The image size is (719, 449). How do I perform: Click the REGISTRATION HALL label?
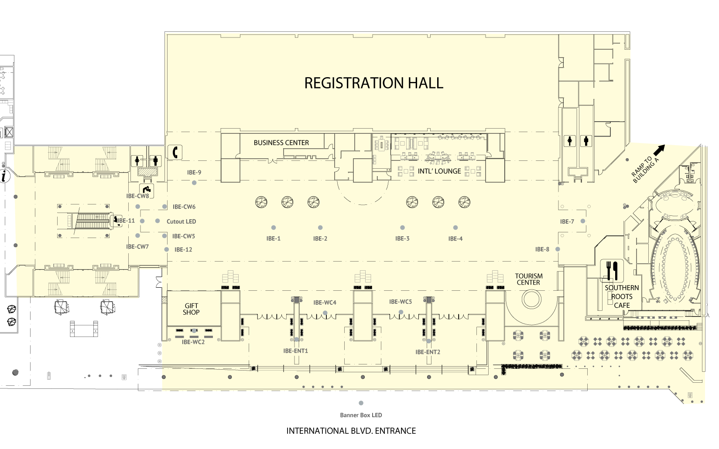click(x=373, y=83)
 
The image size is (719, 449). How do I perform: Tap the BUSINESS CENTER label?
click(x=281, y=143)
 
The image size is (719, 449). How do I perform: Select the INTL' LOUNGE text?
click(x=439, y=171)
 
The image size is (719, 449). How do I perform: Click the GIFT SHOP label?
click(x=191, y=309)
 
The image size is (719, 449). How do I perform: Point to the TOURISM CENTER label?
click(x=529, y=279)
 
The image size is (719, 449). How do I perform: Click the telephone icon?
click(x=175, y=152)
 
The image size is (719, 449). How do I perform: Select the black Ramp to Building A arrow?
click(x=659, y=150)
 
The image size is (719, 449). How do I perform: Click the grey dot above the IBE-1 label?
click(x=274, y=228)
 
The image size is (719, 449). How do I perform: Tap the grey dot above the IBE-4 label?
click(x=455, y=228)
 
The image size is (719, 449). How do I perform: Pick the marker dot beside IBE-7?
click(x=582, y=221)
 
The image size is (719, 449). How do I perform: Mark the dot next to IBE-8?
click(x=558, y=249)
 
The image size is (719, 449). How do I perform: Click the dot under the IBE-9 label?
click(x=194, y=183)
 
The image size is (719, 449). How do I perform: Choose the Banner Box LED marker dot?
click(x=361, y=403)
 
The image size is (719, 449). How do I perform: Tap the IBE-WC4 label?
click(x=325, y=303)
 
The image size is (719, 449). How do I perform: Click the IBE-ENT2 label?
click(x=428, y=352)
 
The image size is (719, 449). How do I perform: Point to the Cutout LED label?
click(x=181, y=221)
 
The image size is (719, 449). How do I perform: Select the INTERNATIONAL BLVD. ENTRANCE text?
click(x=351, y=431)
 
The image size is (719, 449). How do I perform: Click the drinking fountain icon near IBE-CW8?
click(x=147, y=190)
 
